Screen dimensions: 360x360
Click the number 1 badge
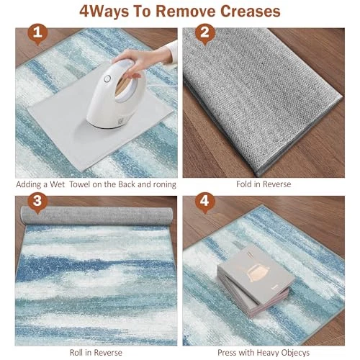tap(37, 34)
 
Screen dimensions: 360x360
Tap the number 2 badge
tap(204, 34)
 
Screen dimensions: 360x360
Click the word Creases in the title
tap(251, 12)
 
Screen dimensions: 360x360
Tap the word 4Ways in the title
tap(104, 12)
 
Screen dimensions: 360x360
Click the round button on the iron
tap(107, 78)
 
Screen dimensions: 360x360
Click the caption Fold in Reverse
tap(264, 184)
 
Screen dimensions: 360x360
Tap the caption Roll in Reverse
tap(96, 353)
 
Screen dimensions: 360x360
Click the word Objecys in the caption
tap(295, 353)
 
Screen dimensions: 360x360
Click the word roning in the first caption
tap(164, 185)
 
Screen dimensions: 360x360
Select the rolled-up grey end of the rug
tap(96, 215)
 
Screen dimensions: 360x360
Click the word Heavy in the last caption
tap(267, 353)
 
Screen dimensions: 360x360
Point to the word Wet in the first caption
tap(57, 184)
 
